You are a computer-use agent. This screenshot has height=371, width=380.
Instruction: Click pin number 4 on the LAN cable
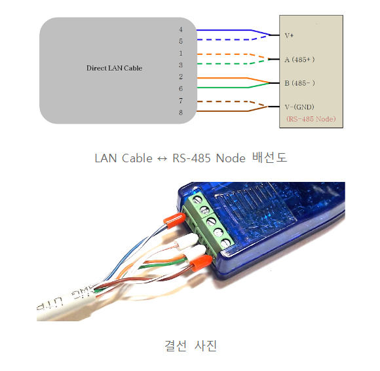tap(181, 29)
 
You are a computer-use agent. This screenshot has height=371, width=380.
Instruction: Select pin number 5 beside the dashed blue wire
tap(181, 41)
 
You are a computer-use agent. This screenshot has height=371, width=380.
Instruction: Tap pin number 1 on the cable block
tap(181, 53)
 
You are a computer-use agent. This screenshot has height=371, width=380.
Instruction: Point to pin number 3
tap(181, 65)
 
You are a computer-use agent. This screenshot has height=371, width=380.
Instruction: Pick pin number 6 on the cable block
tap(181, 88)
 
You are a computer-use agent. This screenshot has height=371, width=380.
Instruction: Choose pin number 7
tap(181, 100)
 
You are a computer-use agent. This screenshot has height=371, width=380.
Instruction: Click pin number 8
tap(181, 112)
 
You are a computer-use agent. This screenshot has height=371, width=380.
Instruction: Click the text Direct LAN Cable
tap(114, 68)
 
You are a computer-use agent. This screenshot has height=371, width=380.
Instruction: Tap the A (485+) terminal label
tap(300, 60)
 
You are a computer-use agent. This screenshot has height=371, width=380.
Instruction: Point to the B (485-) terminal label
tap(300, 83)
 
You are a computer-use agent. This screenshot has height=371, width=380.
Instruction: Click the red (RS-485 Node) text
tap(311, 119)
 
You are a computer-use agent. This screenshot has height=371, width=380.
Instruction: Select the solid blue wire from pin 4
tap(223, 29)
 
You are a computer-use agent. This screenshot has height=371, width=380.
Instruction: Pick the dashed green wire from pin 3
tap(223, 65)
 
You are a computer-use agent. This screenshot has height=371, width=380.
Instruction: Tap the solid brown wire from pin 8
tap(223, 112)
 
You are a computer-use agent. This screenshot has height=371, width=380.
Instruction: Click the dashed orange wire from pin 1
tap(223, 53)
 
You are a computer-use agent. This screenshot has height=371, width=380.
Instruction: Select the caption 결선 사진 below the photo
tap(190, 345)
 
